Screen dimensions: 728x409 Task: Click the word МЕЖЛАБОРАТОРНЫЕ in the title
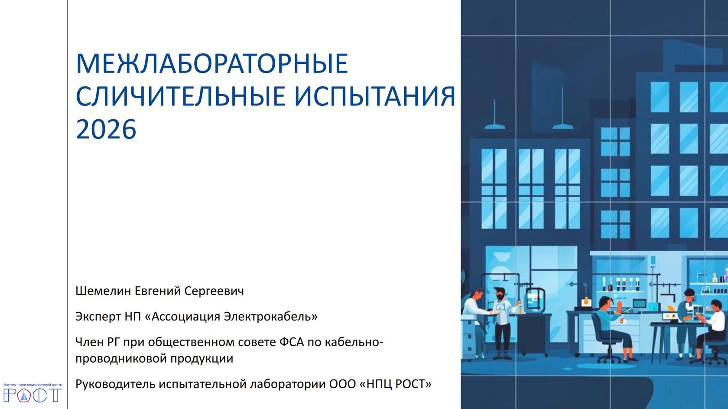tap(212, 63)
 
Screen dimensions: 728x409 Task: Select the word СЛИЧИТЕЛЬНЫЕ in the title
tap(181, 96)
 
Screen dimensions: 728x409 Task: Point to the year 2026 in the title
tap(106, 130)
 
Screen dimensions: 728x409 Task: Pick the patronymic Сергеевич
tap(214, 291)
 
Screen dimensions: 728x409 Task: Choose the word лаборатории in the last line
tap(287, 384)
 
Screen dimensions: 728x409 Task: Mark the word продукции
tap(202, 359)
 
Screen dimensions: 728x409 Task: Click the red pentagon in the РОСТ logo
tap(24, 395)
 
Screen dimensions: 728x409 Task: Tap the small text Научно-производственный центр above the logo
tap(33, 385)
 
